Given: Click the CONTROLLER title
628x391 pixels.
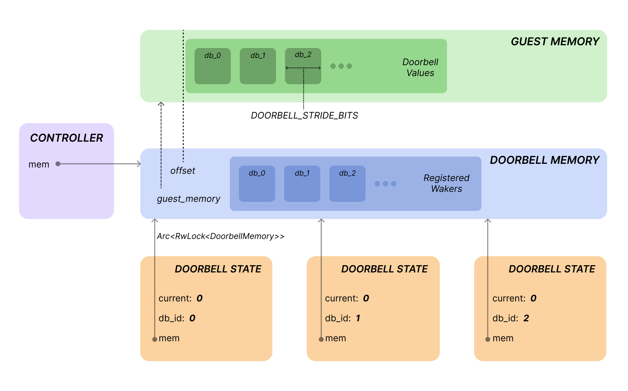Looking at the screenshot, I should (x=66, y=138).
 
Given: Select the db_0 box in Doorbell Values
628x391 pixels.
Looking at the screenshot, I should (x=212, y=66).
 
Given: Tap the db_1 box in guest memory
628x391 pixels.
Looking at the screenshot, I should (x=258, y=66).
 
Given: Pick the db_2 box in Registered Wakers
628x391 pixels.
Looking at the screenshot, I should (x=347, y=184).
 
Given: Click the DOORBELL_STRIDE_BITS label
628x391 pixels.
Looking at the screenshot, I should (x=304, y=116).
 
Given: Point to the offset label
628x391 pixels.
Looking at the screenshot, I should (x=182, y=171).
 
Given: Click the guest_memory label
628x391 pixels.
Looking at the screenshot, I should (x=188, y=199).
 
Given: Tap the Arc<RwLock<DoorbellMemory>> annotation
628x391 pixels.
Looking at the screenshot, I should (x=220, y=236).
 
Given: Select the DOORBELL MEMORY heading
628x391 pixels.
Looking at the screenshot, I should (x=544, y=160).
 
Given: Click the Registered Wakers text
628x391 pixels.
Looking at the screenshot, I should (x=446, y=183).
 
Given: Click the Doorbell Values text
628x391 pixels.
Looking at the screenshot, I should (x=420, y=67).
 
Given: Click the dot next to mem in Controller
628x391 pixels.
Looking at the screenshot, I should (x=58, y=164).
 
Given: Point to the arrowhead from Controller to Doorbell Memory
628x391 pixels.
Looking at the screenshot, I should (x=139, y=164).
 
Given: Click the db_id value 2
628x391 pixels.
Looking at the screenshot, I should (x=526, y=318).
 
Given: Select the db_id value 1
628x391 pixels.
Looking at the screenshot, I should (x=358, y=318).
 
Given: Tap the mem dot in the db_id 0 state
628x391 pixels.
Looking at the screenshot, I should (x=155, y=339).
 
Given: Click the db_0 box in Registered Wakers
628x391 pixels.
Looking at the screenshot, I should (x=257, y=184).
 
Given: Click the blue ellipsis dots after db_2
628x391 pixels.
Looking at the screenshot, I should (x=385, y=184).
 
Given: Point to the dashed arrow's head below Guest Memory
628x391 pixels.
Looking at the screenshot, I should (x=161, y=104).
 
